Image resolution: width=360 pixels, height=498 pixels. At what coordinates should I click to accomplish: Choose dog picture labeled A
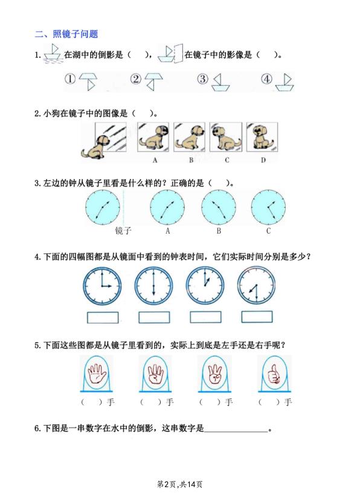(155, 139)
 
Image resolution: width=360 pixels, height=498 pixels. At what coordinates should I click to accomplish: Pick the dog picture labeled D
(262, 139)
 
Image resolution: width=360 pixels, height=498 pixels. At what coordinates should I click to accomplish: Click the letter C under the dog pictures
(227, 160)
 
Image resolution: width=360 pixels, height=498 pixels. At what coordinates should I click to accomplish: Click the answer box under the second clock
(153, 316)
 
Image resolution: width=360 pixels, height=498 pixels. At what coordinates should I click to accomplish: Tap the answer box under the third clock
(205, 316)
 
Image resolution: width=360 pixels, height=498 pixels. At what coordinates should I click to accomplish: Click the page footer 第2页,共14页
(179, 484)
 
